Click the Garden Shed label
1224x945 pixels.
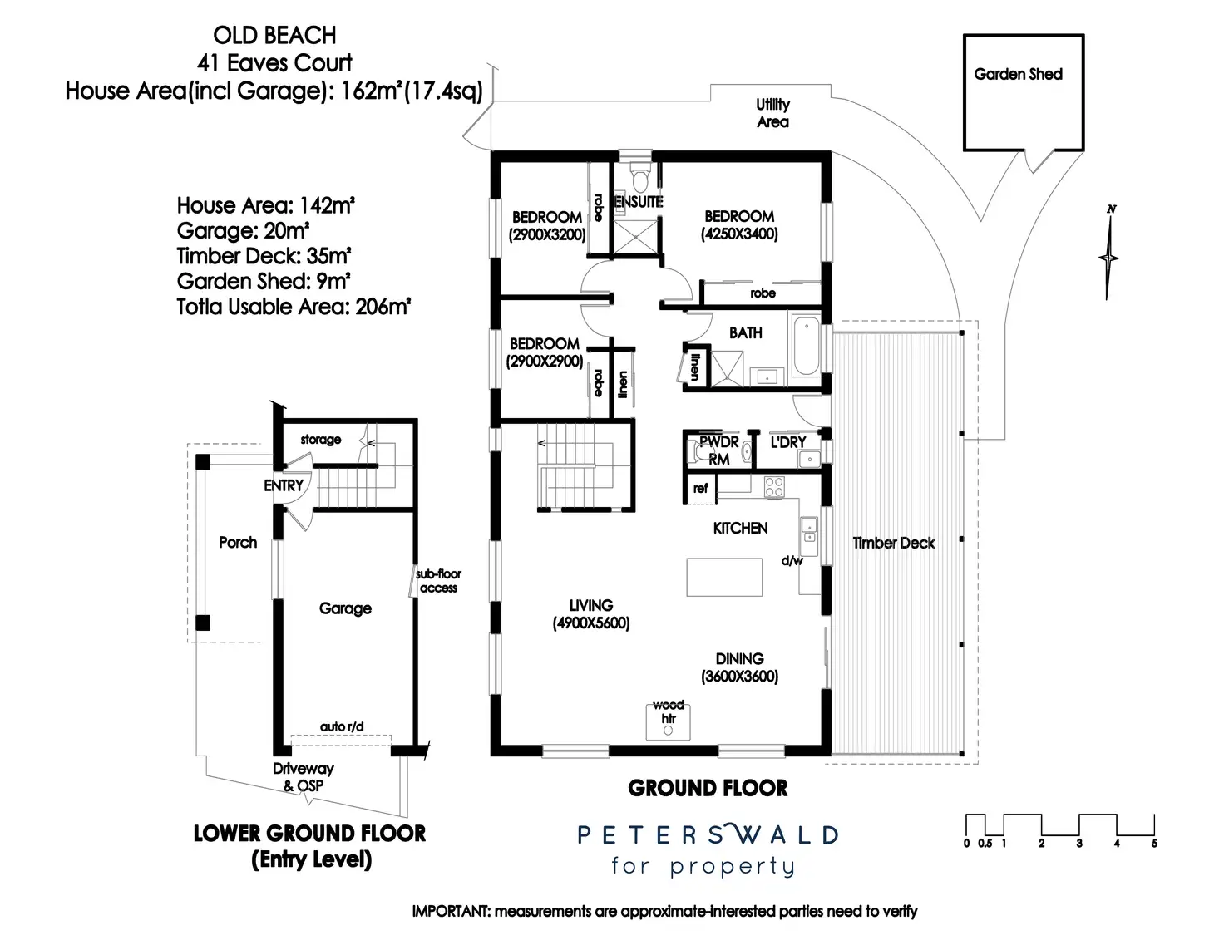click(1018, 74)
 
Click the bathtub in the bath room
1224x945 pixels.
click(805, 346)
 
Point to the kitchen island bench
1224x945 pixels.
click(724, 577)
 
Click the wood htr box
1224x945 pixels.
click(669, 721)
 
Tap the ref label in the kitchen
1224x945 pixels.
click(700, 488)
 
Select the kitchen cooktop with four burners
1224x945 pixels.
click(774, 486)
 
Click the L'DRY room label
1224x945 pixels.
click(787, 442)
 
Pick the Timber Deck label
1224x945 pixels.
click(893, 543)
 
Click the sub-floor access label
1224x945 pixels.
click(438, 580)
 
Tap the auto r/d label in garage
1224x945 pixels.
click(342, 726)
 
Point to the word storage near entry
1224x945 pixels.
click(321, 439)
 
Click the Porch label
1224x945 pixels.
click(238, 542)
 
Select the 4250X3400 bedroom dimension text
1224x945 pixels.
click(739, 234)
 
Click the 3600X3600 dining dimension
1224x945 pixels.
click(739, 677)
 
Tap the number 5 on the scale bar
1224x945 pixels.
click(1154, 844)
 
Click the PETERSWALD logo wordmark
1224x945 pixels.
click(708, 834)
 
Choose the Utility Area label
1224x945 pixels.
click(772, 113)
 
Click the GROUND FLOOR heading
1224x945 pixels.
click(708, 788)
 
